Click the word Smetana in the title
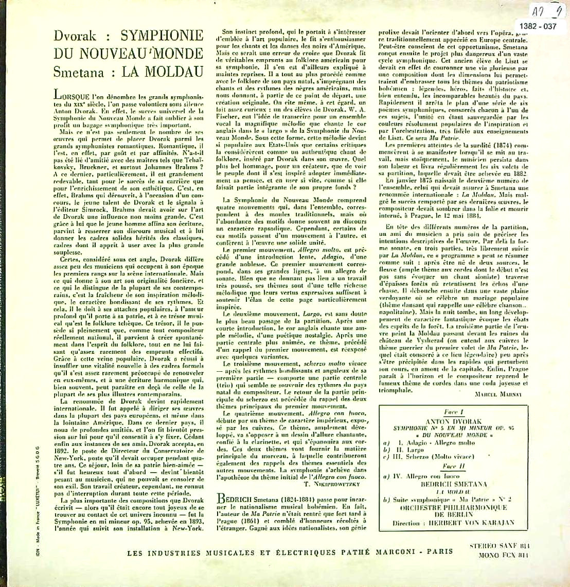80,71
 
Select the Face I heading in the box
454,412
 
